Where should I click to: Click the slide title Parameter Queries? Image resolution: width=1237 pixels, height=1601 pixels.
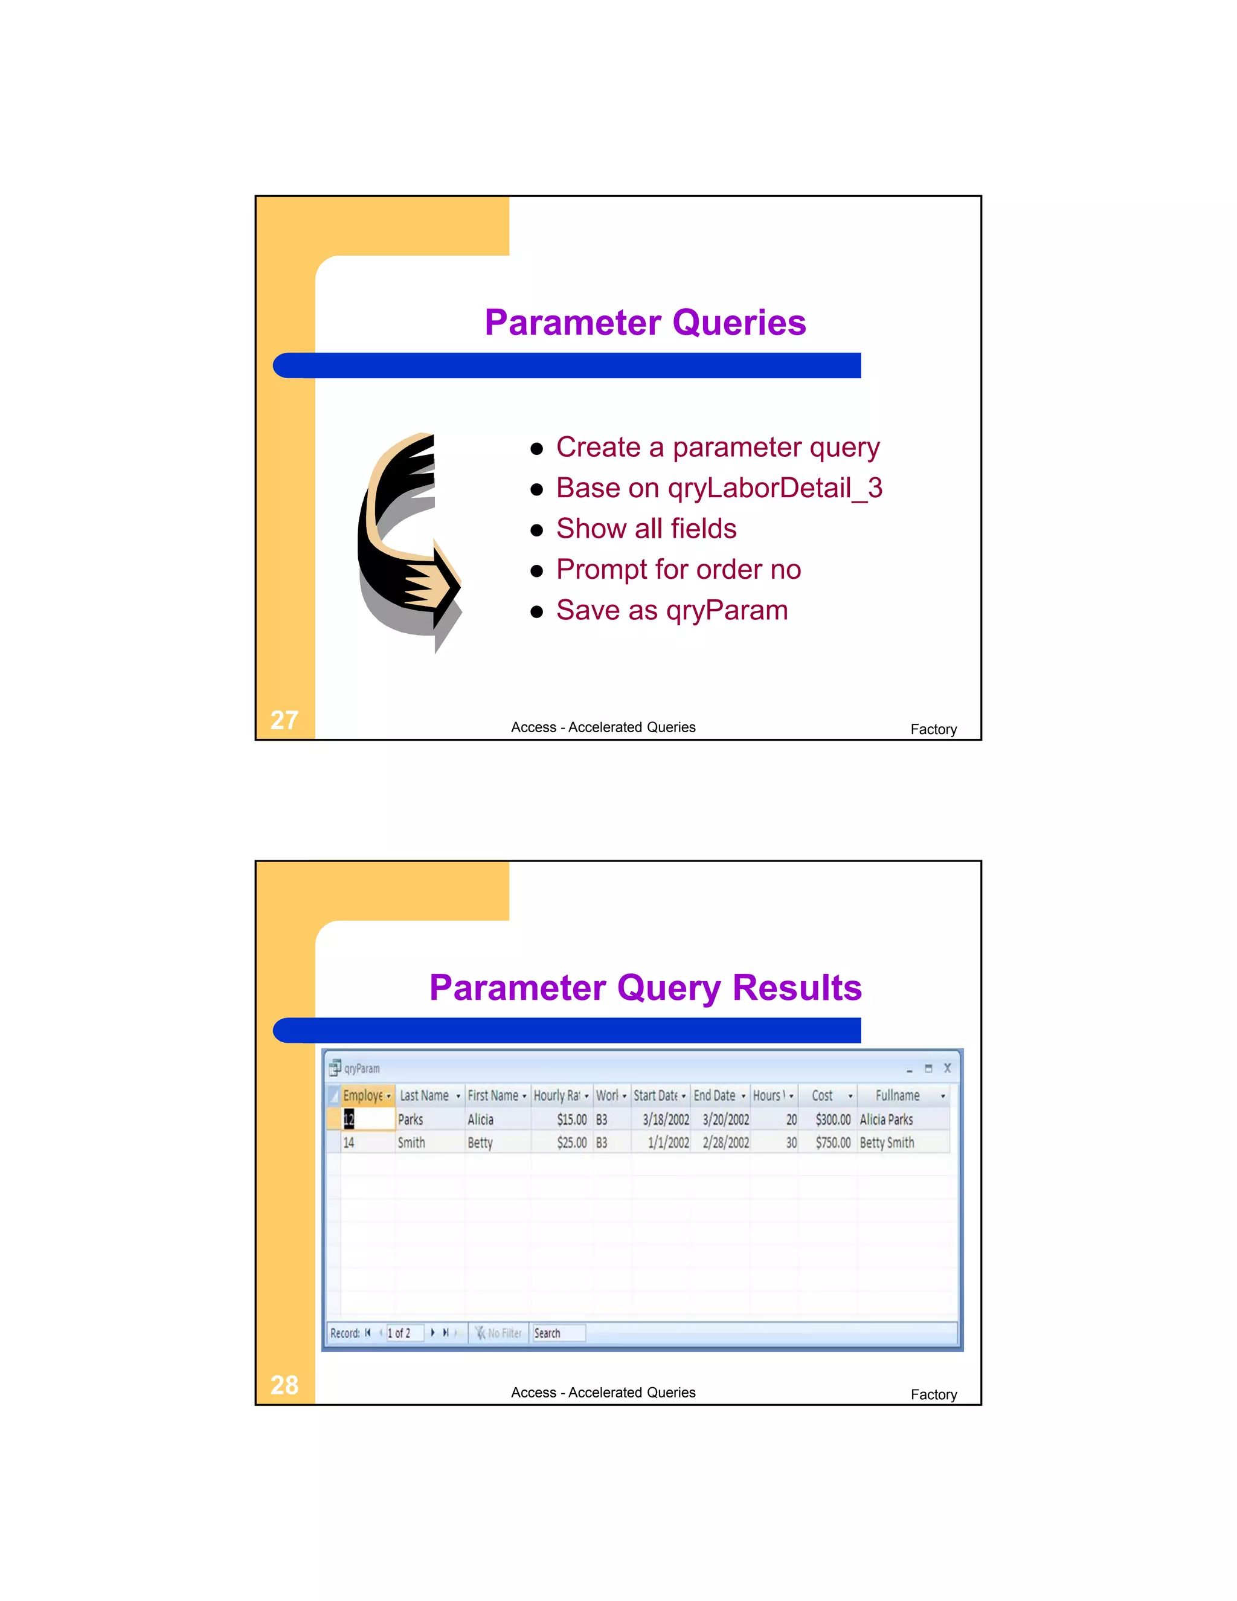(645, 323)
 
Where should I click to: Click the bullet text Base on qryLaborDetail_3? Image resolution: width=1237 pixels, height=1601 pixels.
(718, 488)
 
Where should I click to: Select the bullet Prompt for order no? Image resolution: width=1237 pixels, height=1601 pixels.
(678, 570)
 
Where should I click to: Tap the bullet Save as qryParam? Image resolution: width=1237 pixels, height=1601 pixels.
(671, 611)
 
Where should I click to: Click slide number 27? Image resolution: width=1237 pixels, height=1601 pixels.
(284, 720)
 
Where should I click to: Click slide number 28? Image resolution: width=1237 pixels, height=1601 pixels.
(284, 1385)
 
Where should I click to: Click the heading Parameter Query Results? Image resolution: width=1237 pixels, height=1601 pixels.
(645, 987)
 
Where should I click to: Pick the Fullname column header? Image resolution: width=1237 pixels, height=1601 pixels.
(897, 1095)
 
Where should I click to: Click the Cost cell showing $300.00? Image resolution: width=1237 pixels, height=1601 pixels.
(832, 1119)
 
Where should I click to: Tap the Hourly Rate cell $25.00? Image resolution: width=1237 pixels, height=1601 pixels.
(571, 1142)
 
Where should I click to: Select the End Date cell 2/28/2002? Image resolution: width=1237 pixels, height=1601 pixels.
(725, 1142)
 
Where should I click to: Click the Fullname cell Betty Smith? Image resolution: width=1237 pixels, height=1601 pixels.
(887, 1142)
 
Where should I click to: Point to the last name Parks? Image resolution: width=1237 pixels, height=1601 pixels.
(410, 1119)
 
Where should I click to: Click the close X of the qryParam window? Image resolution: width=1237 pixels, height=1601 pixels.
(947, 1068)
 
